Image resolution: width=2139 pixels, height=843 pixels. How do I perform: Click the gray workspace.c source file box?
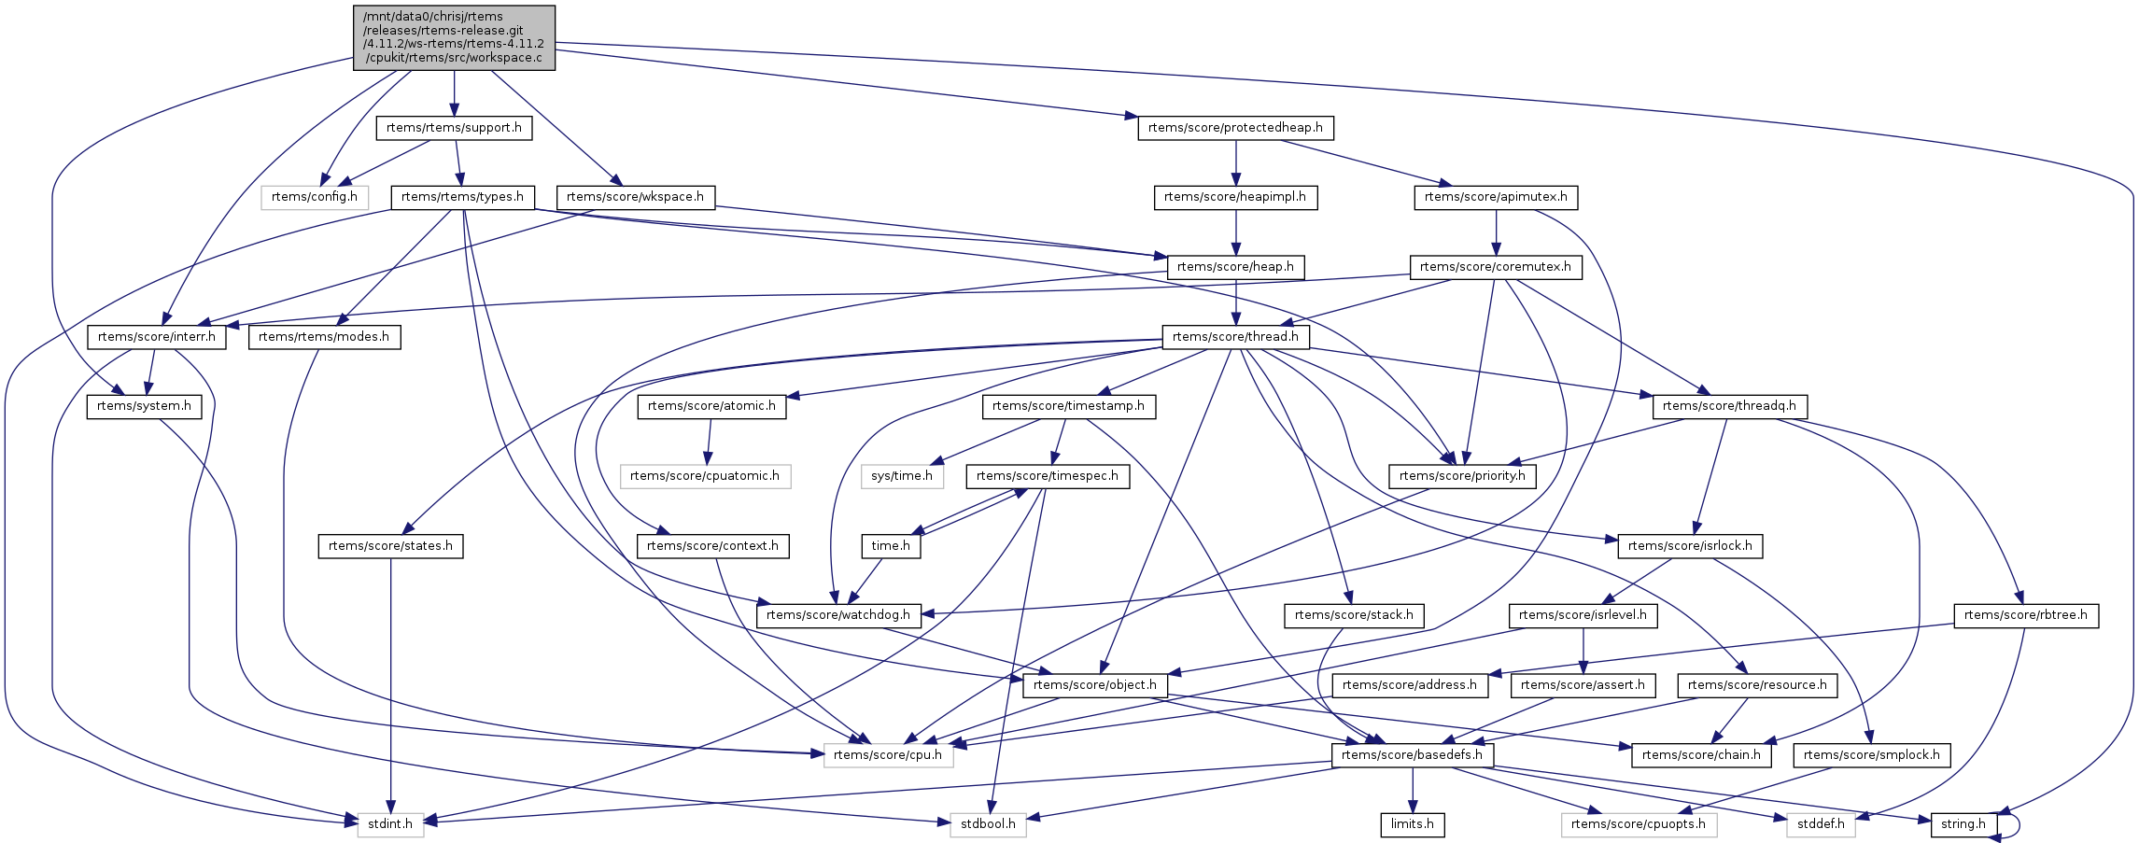454,37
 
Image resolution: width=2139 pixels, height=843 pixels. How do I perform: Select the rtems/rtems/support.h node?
454,128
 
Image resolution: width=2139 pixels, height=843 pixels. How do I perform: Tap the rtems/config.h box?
315,197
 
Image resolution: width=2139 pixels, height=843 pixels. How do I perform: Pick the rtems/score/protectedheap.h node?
1235,128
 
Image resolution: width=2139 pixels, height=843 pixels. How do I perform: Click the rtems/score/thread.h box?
1235,337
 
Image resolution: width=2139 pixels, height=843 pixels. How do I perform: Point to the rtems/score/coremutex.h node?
1496,267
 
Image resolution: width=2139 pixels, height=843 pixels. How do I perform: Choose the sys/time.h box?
902,476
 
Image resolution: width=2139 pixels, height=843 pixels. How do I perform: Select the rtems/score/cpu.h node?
888,755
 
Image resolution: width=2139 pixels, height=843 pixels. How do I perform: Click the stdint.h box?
390,824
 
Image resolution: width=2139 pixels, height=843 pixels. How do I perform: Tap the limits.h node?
1412,824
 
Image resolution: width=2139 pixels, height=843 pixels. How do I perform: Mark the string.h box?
1963,824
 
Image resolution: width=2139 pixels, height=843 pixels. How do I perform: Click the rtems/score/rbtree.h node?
2026,615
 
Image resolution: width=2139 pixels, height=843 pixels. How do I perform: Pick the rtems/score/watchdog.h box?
838,615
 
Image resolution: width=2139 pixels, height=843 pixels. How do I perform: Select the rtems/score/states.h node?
390,546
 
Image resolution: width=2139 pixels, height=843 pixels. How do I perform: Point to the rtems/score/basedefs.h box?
1412,755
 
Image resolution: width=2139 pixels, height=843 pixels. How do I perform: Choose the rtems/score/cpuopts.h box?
1639,824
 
